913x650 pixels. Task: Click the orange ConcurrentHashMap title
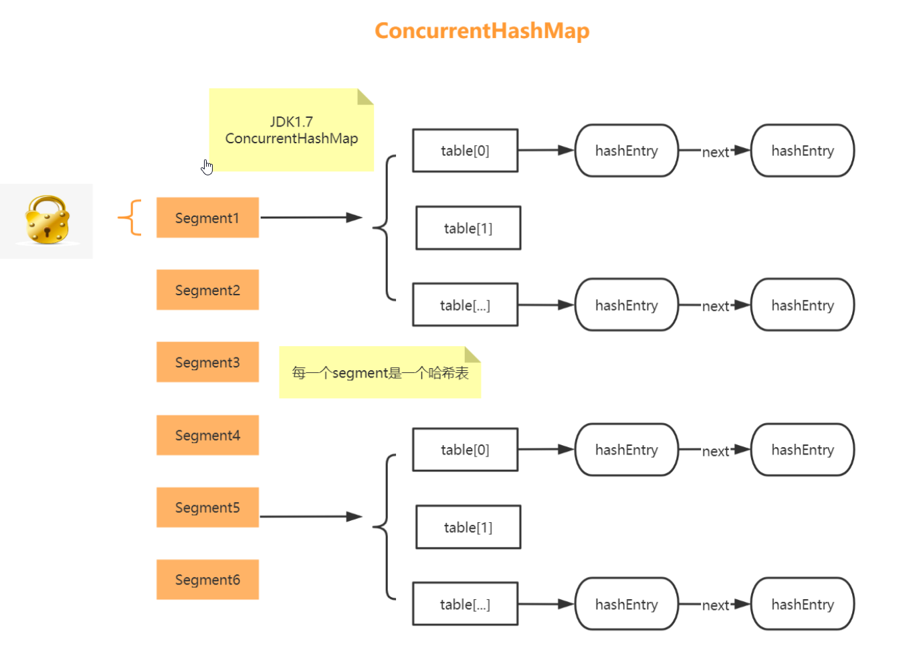[482, 31]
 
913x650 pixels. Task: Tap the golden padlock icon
[47, 220]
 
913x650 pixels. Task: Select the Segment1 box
[207, 218]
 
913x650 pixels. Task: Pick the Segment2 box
[207, 290]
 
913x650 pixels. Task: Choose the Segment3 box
[207, 362]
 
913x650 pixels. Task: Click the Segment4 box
[207, 435]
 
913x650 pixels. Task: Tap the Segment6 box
[207, 580]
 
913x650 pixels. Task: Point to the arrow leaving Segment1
[310, 218]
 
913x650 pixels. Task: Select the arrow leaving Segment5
[310, 517]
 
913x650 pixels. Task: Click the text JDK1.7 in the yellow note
[292, 122]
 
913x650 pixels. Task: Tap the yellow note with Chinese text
[379, 373]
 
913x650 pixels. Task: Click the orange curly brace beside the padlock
[130, 218]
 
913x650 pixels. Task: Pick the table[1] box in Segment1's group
[468, 228]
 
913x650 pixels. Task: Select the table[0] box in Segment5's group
[465, 450]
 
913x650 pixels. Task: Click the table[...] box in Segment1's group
[465, 305]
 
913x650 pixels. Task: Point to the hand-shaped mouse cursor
[207, 167]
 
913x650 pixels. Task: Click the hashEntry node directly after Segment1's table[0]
[627, 151]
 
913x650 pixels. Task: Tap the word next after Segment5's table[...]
[715, 605]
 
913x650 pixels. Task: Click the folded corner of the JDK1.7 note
[364, 96]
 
